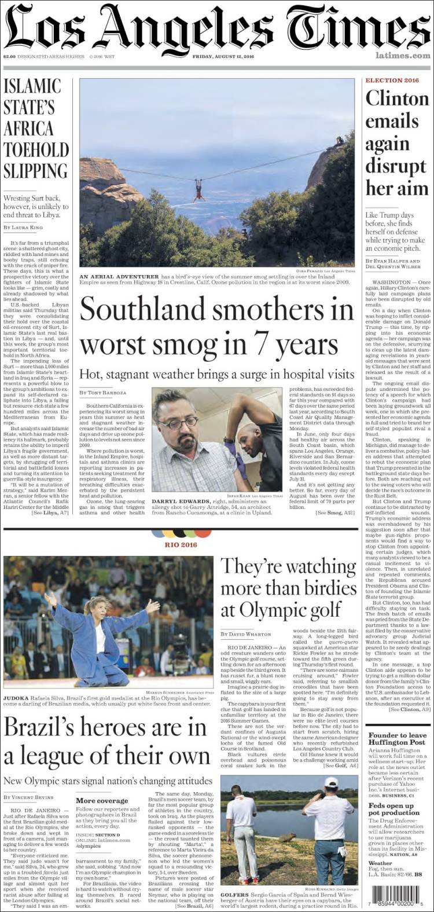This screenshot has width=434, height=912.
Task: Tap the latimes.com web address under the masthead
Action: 402,56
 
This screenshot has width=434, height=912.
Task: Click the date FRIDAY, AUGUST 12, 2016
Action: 223,56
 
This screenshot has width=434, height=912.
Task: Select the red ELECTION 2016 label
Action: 392,80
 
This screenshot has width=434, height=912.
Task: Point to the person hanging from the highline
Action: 200,189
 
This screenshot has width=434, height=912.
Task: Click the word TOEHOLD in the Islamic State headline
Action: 36,150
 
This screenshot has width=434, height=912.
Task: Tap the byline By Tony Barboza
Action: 103,393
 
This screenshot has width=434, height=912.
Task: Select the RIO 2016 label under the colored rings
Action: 181,544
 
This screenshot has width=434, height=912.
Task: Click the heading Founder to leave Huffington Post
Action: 396,739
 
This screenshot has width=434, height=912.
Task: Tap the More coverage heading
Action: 94,801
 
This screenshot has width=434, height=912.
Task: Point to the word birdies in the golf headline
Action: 311,588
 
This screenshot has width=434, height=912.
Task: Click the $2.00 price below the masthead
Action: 9,56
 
